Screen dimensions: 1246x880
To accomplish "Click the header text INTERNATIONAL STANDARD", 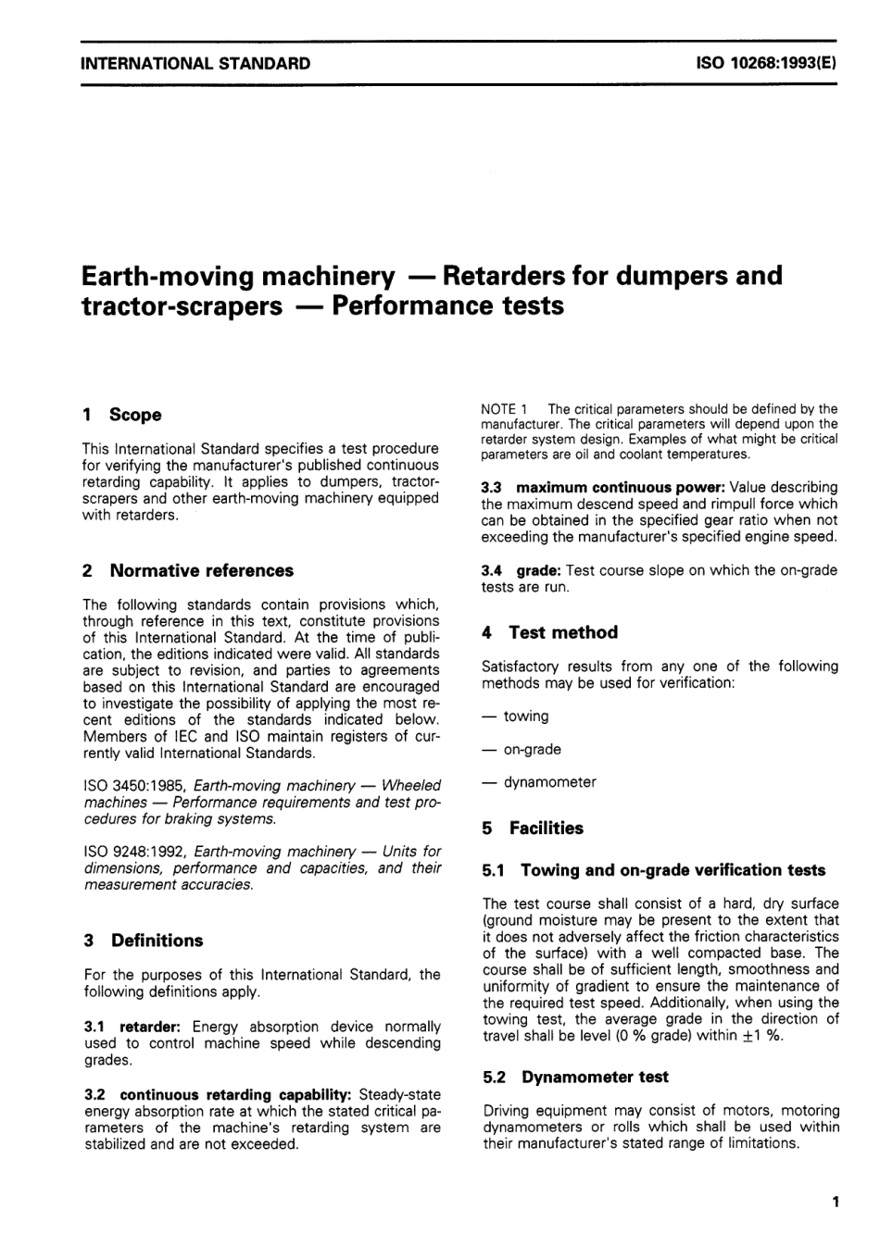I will click(195, 64).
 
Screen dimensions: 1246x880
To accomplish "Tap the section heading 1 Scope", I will click(122, 415).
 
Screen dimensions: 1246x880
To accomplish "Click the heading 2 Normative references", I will click(188, 570).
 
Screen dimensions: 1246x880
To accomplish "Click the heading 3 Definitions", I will click(144, 941).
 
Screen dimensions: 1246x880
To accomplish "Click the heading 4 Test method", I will click(550, 632).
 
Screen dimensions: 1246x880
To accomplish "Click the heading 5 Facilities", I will click(534, 829).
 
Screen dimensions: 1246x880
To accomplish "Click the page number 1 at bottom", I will click(835, 1202).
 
